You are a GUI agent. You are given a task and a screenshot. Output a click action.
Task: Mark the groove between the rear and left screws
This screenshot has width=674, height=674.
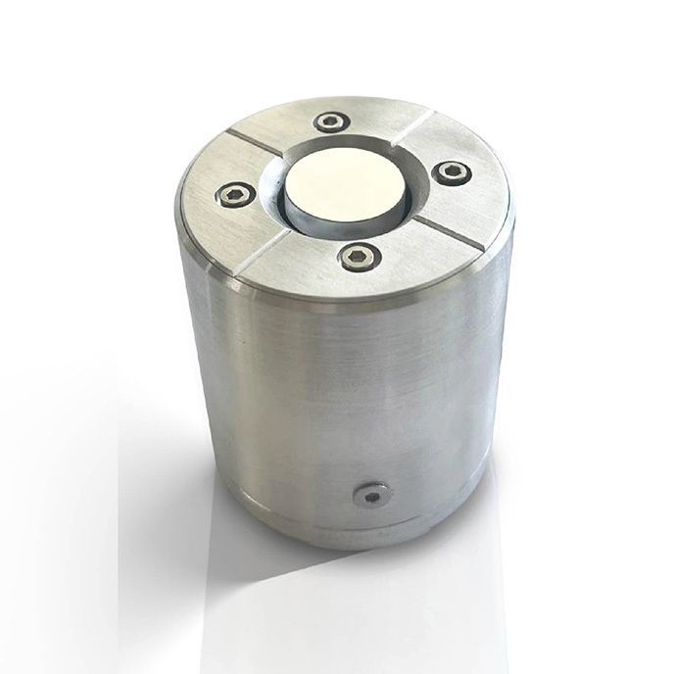(257, 145)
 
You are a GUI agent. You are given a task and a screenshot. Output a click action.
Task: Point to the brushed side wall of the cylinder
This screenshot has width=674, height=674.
(323, 392)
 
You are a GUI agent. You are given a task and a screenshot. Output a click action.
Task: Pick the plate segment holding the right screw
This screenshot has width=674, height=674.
(460, 191)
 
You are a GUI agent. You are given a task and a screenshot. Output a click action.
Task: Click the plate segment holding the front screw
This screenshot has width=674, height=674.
(362, 274)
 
